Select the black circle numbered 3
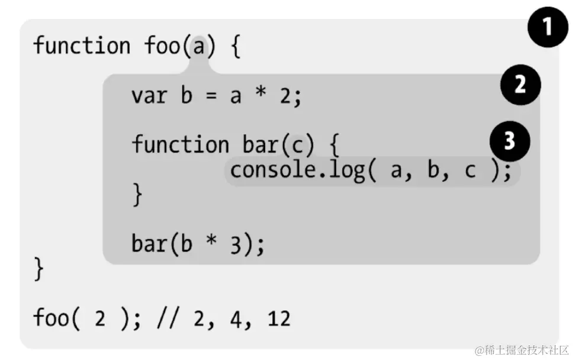[510, 142]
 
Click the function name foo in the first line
[163, 46]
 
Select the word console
[272, 171]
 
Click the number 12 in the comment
[279, 319]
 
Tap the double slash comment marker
[168, 319]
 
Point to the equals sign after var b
[211, 95]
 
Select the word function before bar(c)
[181, 144]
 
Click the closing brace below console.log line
[137, 195]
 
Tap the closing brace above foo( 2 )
[38, 269]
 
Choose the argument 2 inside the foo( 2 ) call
[100, 319]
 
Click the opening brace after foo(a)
[235, 47]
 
